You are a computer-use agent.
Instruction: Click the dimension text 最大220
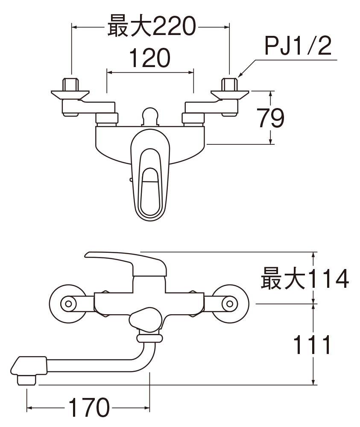(152, 26)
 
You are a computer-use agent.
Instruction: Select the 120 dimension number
(150, 58)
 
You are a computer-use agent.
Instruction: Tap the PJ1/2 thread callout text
(298, 46)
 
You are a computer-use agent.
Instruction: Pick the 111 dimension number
(312, 345)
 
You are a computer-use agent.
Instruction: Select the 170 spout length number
(89, 407)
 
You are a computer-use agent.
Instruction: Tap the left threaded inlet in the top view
(71, 85)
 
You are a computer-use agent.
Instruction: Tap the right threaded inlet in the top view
(230, 85)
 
